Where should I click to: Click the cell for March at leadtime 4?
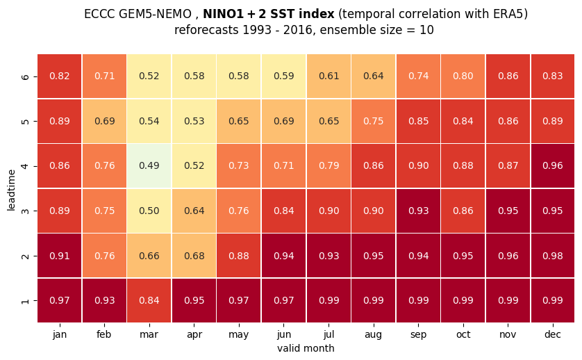[x=149, y=166]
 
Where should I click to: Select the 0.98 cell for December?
[x=553, y=256]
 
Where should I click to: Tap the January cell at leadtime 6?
[x=60, y=76]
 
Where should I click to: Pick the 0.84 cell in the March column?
[x=149, y=300]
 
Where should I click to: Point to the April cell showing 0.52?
[x=194, y=166]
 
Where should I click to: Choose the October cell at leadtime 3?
[x=463, y=211]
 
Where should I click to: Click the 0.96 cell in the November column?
[x=508, y=256]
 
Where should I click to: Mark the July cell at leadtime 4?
[x=329, y=166]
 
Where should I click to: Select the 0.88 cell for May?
[x=239, y=256]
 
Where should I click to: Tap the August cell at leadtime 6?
[x=374, y=76]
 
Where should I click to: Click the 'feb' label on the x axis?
[x=104, y=334]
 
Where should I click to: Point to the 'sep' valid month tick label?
[x=418, y=335]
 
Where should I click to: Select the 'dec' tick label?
[x=553, y=334]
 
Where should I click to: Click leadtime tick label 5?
[x=25, y=121]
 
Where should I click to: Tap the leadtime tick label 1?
[x=25, y=300]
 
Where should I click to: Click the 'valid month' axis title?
[x=306, y=348]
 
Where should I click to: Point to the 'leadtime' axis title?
[x=11, y=190]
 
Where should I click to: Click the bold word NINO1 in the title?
[x=222, y=14]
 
